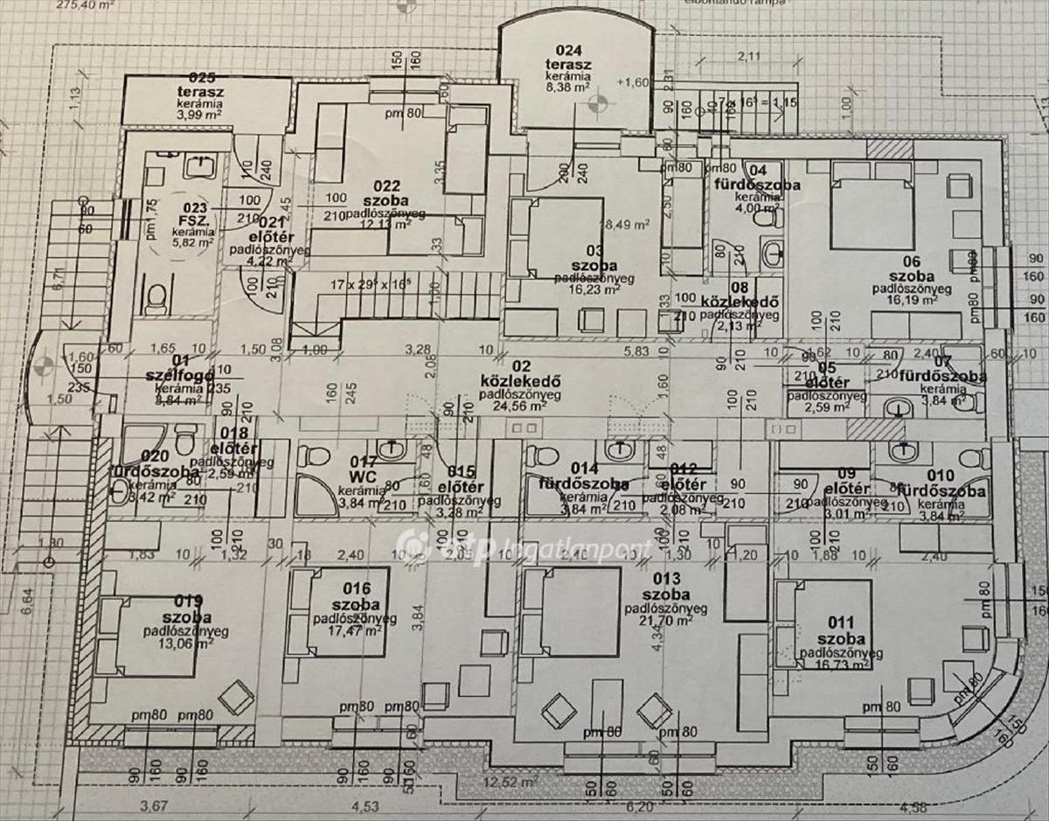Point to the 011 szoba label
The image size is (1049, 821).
pos(842,632)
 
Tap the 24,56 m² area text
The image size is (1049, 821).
pos(520,406)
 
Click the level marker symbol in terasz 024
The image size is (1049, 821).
pos(596,106)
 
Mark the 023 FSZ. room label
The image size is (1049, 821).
pos(191,215)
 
